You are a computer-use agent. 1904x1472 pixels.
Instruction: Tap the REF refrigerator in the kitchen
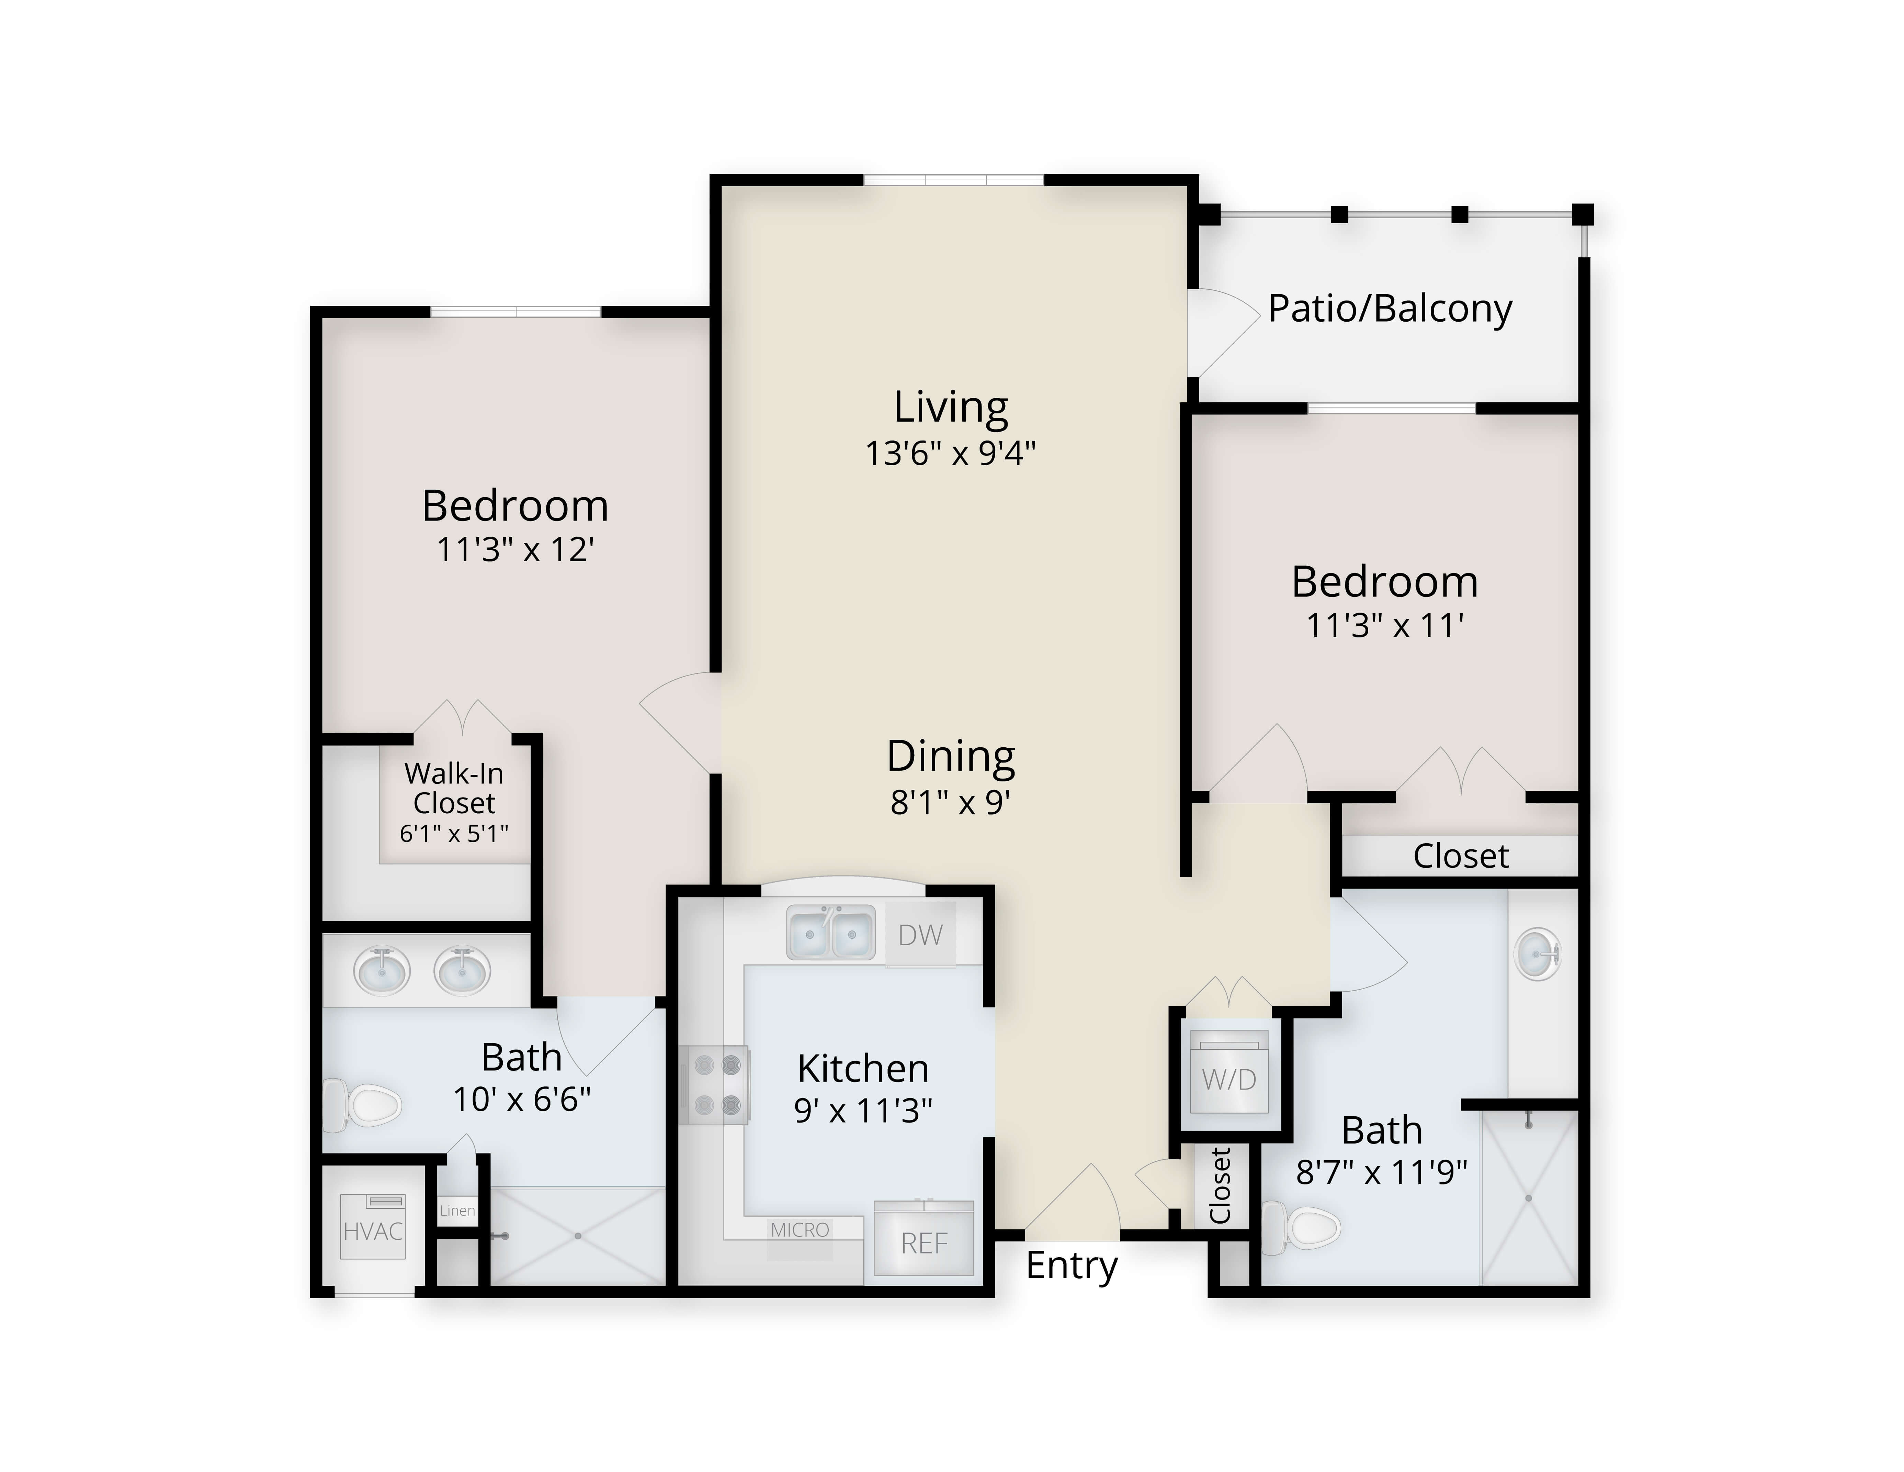click(x=924, y=1238)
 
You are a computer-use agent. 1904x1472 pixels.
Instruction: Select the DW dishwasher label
click(x=921, y=935)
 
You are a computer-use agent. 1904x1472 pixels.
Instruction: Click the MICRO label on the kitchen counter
click(x=800, y=1229)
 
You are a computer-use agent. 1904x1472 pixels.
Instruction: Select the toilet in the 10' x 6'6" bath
click(x=362, y=1105)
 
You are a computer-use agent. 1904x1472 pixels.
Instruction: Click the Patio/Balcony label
click(x=1390, y=309)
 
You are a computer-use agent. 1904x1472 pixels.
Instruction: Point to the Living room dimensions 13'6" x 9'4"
click(x=950, y=454)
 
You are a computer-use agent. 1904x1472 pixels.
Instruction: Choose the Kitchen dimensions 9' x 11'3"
click(x=863, y=1110)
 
